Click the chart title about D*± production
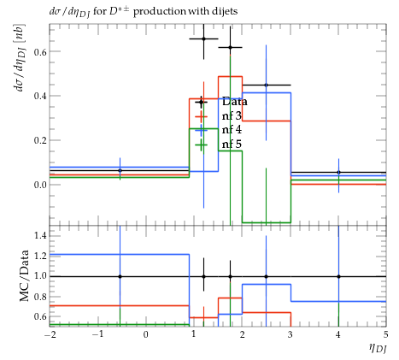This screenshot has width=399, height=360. (144, 11)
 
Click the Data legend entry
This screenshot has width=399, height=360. (235, 102)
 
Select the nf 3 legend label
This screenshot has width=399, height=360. (232, 115)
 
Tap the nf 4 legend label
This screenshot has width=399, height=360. (232, 130)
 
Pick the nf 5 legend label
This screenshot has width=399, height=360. (232, 144)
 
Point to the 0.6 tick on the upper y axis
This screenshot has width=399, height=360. (39, 51)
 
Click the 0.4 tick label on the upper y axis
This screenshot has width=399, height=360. (39, 96)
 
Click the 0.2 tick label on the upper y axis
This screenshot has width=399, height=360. (39, 140)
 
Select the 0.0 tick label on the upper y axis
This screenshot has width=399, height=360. (39, 185)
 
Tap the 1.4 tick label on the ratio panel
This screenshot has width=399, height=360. (39, 235)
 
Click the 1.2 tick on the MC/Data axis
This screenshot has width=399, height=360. (39, 256)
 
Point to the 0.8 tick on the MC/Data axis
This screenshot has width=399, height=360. (39, 297)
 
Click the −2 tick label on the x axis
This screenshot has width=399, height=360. (50, 334)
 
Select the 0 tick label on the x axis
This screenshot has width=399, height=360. (145, 334)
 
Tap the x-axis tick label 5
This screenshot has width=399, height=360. (386, 334)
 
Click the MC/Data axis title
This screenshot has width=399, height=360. (24, 275)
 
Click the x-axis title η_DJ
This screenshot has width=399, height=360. (378, 348)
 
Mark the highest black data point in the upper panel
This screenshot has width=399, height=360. (203, 38)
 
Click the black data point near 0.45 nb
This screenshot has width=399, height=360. (266, 85)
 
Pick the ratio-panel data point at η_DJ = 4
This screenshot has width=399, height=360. (338, 276)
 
